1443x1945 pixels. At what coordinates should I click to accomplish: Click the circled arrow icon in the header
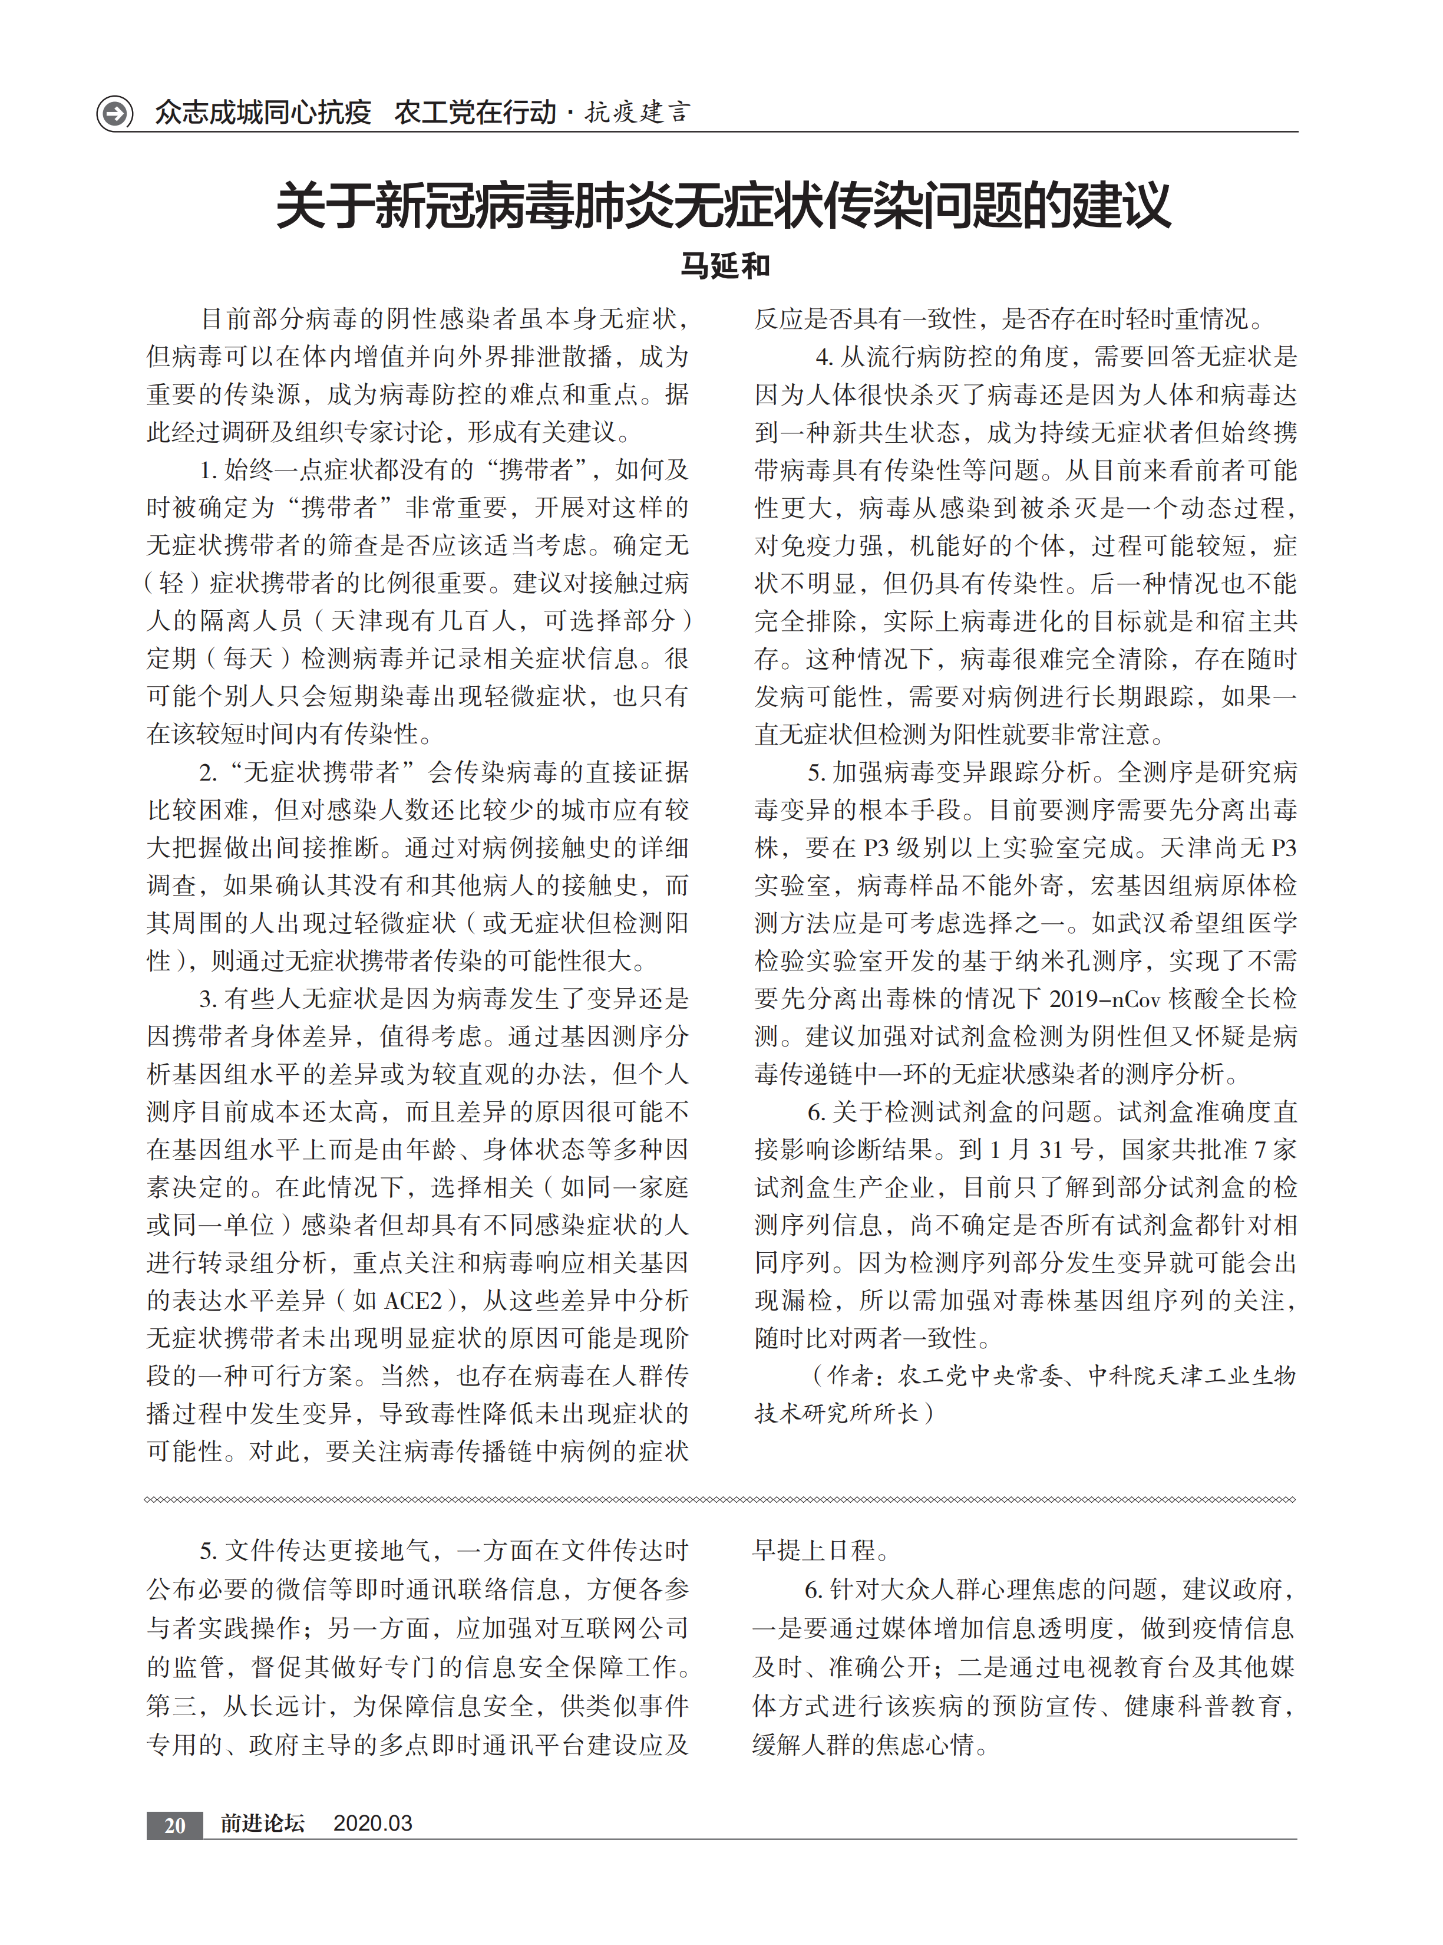point(114,113)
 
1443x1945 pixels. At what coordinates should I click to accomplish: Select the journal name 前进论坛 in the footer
point(262,1824)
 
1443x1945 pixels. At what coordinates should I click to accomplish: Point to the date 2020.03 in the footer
point(372,1824)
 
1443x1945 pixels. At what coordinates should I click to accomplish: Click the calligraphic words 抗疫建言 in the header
point(638,113)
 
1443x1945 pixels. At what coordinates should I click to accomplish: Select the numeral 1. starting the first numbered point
point(208,470)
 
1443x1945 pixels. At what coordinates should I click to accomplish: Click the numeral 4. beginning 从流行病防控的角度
point(824,357)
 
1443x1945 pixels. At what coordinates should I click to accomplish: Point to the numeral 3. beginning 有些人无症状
point(208,999)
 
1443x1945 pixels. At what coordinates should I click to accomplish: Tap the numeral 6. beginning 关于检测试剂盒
point(816,1113)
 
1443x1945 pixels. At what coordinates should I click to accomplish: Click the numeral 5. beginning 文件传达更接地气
point(208,1551)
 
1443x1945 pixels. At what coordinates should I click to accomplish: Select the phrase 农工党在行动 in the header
point(474,113)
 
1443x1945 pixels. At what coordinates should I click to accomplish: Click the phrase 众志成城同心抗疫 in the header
point(263,113)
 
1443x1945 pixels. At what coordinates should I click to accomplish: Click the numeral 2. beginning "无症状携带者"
point(208,772)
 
